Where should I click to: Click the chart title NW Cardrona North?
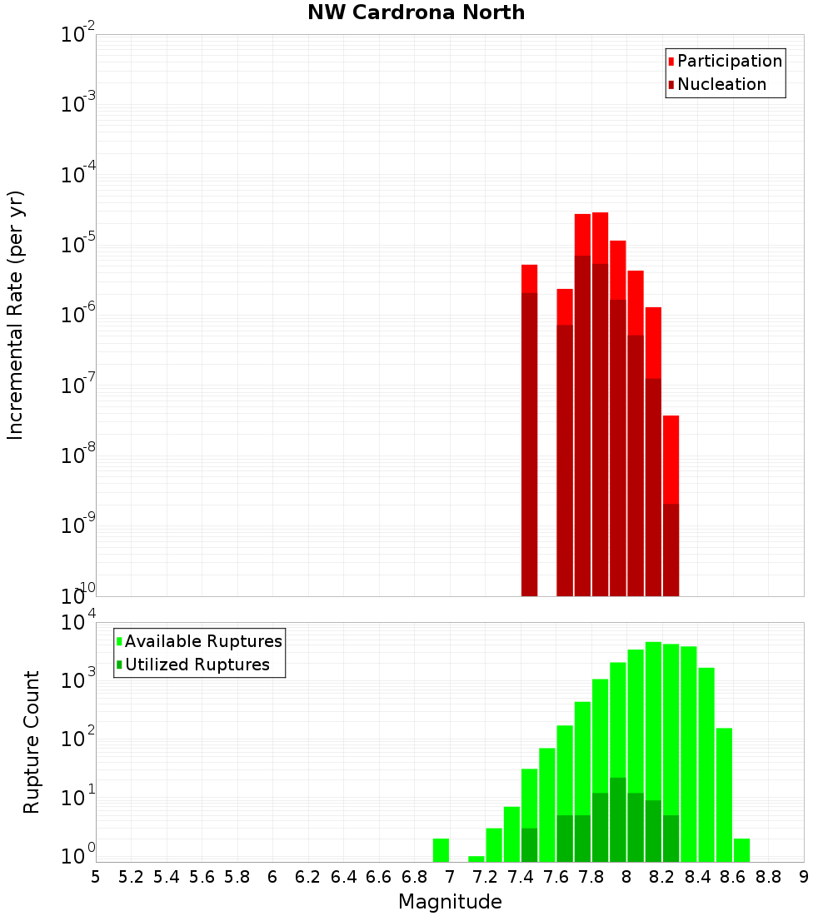point(416,12)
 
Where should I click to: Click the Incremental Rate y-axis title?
point(16,315)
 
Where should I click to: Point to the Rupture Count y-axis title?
point(32,741)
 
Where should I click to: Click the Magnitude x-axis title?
point(450,902)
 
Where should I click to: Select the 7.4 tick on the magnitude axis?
point(521,876)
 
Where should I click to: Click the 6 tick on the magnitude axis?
point(272,876)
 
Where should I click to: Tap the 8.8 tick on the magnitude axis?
point(769,876)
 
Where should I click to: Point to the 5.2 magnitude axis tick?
point(131,876)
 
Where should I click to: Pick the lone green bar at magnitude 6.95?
point(441,850)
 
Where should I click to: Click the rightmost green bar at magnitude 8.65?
point(741,850)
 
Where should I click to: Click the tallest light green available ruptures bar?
point(653,749)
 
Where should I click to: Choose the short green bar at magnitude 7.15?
point(476,859)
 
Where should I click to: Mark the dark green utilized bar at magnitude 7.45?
point(529,845)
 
